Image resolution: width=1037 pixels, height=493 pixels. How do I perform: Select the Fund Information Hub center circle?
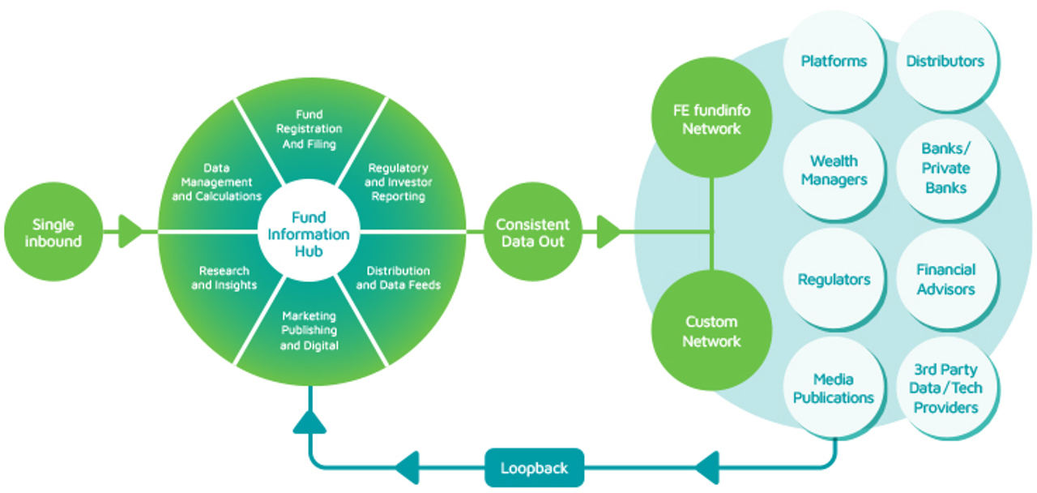click(x=309, y=234)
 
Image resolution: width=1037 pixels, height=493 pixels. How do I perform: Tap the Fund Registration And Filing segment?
click(x=309, y=130)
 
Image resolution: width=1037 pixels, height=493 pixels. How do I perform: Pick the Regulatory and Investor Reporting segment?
click(x=398, y=182)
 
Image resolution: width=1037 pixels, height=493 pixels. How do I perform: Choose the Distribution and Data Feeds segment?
click(x=398, y=277)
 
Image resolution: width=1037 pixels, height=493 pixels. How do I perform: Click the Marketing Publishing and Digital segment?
click(x=309, y=331)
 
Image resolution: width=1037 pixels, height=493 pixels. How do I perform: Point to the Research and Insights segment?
click(x=223, y=277)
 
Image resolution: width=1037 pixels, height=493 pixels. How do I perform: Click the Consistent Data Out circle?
click(x=532, y=233)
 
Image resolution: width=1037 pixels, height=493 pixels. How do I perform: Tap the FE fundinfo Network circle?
click(x=711, y=119)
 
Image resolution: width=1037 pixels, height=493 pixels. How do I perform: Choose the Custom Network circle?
click(x=711, y=331)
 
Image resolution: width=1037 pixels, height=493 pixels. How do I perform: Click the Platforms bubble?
click(x=833, y=62)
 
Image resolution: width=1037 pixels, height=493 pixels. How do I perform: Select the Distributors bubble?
click(x=945, y=62)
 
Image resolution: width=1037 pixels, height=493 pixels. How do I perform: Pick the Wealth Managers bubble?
click(x=833, y=170)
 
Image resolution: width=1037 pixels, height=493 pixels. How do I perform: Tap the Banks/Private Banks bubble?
click(x=945, y=169)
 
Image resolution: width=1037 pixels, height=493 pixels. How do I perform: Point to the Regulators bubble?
click(x=833, y=280)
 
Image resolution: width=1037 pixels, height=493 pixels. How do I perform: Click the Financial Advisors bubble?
click(x=945, y=280)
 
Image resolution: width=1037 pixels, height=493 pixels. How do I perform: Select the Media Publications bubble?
click(x=833, y=388)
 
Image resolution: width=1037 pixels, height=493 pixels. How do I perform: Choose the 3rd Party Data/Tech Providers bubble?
click(x=945, y=388)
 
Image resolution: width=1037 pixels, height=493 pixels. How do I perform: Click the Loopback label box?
click(x=534, y=468)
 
